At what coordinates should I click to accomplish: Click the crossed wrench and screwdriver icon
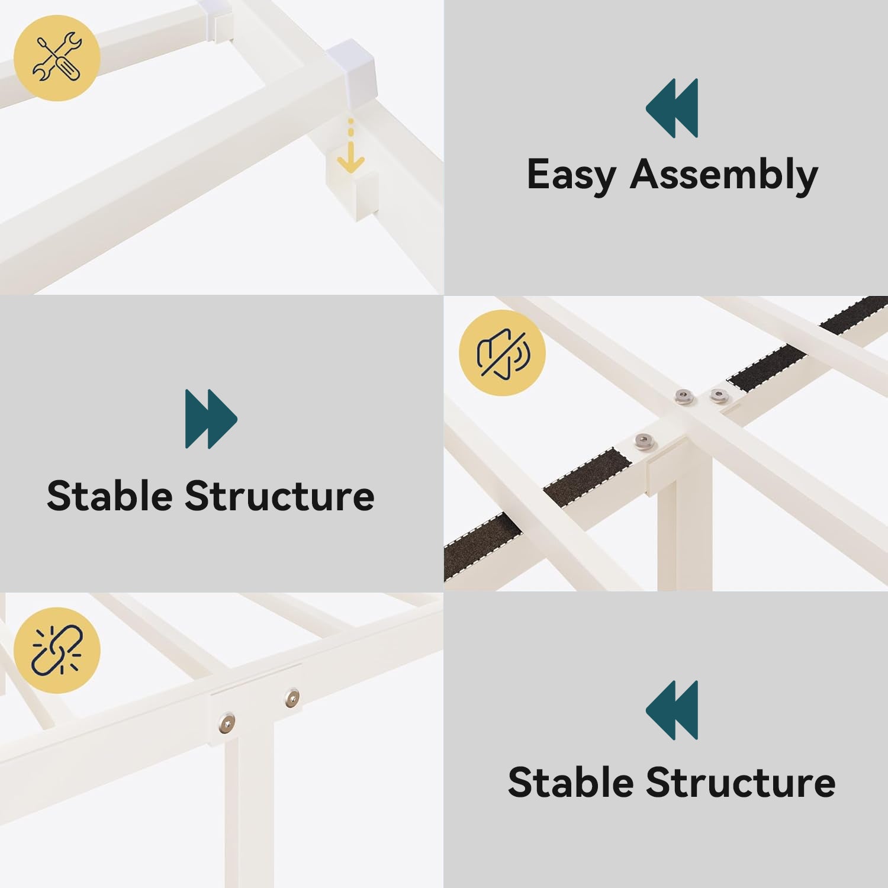(x=57, y=57)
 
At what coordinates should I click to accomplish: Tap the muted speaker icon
(x=503, y=353)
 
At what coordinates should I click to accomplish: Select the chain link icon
(x=57, y=650)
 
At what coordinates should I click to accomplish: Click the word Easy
(x=572, y=176)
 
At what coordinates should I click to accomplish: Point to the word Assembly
(x=724, y=175)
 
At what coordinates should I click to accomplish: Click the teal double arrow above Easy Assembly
(x=672, y=108)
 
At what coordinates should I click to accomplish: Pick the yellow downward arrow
(x=350, y=147)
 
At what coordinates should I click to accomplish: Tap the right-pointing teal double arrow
(x=211, y=419)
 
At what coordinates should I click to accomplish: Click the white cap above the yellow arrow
(x=351, y=70)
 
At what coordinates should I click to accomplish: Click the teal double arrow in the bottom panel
(x=672, y=710)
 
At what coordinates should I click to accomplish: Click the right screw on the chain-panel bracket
(x=292, y=697)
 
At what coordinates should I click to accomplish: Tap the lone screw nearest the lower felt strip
(x=644, y=441)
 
